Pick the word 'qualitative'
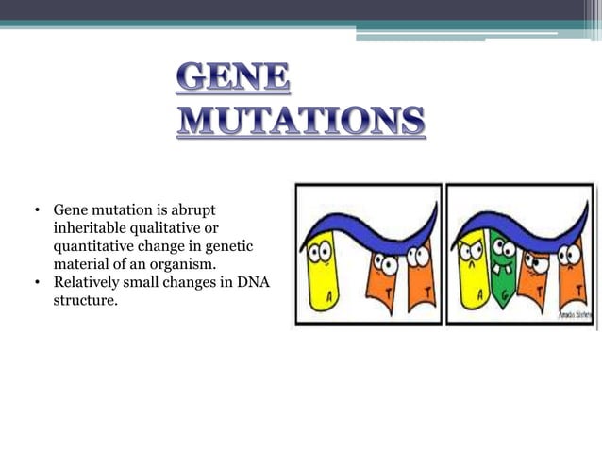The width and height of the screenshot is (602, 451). coord(172,227)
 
